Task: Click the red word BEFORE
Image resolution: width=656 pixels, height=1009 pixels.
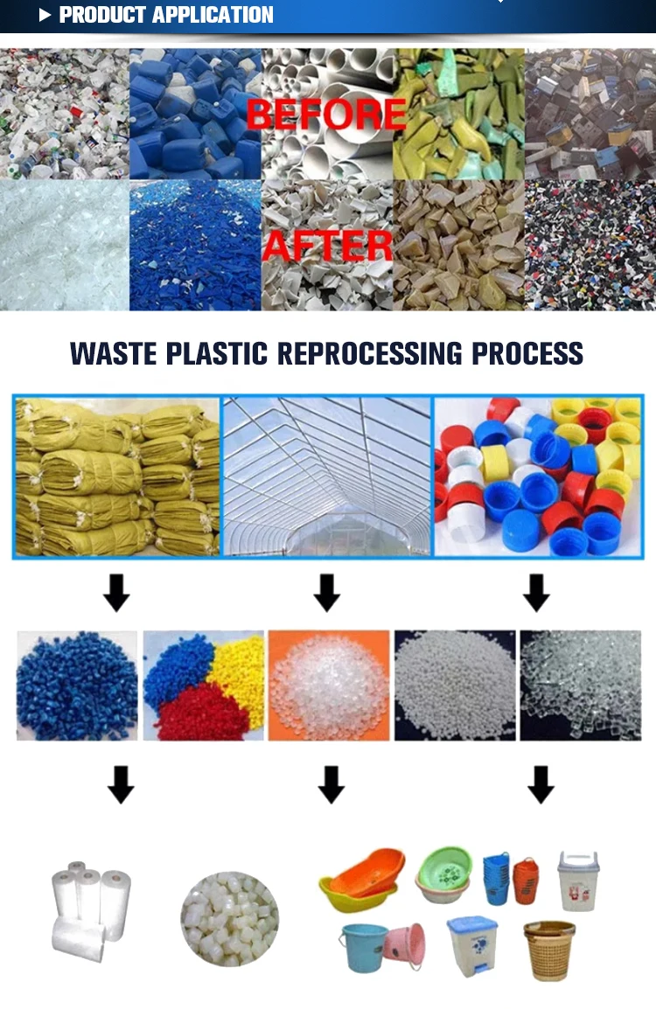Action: (325, 115)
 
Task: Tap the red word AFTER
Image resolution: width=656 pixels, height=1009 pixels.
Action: (327, 246)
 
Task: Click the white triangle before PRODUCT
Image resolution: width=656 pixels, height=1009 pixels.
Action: (45, 15)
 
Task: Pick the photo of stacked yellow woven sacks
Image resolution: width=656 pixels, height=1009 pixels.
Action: (116, 476)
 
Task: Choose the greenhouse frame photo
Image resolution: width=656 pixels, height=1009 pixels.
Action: (326, 476)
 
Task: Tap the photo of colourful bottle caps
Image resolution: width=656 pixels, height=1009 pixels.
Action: (538, 476)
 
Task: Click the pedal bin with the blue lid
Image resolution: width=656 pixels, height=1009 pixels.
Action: (471, 944)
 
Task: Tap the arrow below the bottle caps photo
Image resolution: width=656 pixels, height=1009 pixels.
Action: (536, 592)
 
